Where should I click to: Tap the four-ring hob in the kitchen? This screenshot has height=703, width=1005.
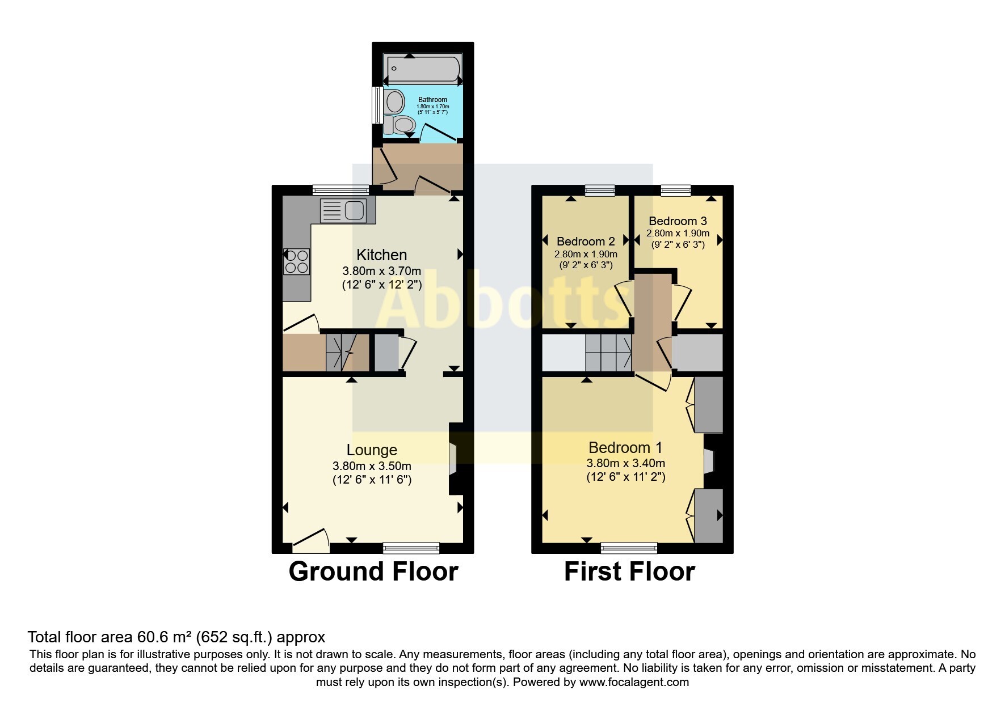click(296, 261)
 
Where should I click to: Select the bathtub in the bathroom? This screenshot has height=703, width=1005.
click(423, 70)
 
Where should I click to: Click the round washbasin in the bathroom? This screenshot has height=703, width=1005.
click(393, 102)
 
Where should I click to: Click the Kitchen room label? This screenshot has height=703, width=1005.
click(381, 255)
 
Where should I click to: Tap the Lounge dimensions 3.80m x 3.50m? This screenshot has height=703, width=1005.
click(372, 466)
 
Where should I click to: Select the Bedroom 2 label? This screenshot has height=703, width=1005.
click(586, 242)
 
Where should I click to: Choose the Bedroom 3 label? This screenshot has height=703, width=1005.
click(678, 221)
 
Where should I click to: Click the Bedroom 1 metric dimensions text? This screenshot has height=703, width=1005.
click(625, 463)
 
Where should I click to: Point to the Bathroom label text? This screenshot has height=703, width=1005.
click(432, 100)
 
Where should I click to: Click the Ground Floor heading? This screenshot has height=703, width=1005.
click(373, 571)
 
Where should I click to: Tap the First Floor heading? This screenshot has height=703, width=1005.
click(629, 571)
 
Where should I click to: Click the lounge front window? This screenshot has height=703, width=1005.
click(411, 547)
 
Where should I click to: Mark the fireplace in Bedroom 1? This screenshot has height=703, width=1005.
click(708, 460)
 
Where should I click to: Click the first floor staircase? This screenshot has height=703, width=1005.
click(608, 351)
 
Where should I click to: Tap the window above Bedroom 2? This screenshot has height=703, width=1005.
click(600, 190)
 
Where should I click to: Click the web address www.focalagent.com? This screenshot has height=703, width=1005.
click(634, 682)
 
